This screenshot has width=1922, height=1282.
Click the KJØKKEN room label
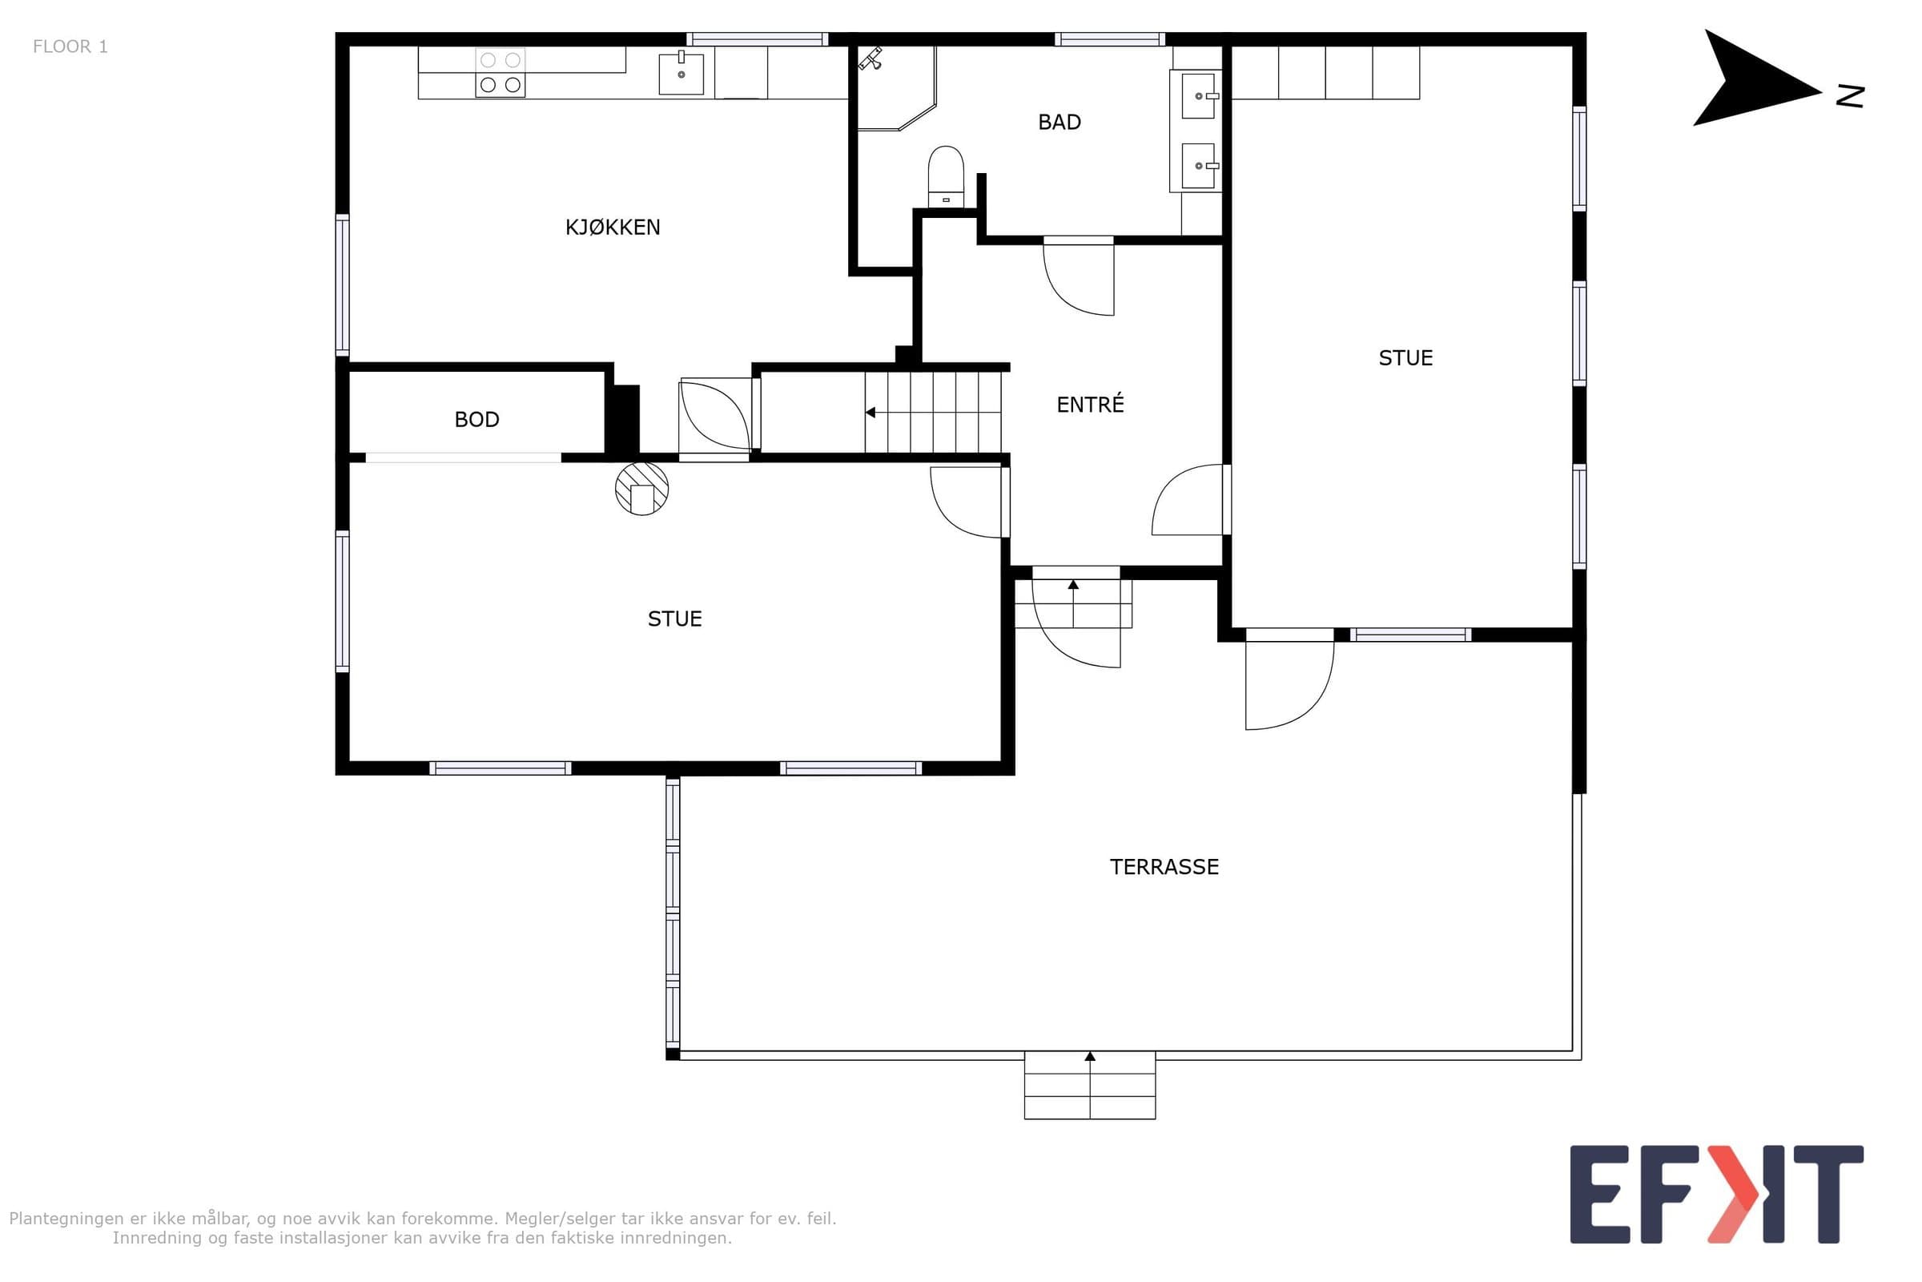click(613, 228)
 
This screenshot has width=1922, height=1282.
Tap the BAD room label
click(1059, 123)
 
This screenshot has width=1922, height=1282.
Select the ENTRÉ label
click(1090, 404)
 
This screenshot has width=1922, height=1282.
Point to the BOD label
click(476, 419)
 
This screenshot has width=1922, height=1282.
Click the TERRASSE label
click(1164, 867)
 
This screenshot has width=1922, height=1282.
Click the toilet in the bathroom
click(946, 176)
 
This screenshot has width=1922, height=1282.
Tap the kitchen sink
click(682, 74)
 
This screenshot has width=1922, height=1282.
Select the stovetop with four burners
click(500, 73)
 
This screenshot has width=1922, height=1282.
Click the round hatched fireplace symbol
click(641, 489)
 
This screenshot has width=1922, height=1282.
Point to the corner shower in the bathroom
click(895, 88)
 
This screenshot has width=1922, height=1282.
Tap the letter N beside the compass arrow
click(1850, 96)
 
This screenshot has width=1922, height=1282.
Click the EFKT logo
click(1716, 1195)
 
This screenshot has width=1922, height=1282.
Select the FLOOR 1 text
click(70, 46)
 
